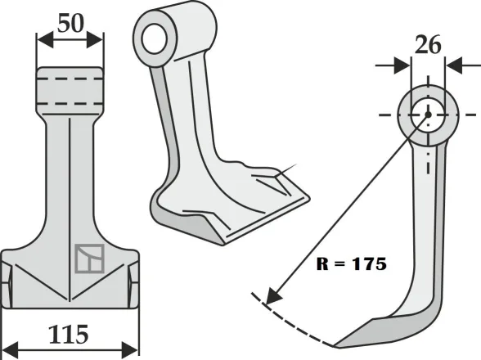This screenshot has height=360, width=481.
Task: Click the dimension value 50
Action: pos(70,23)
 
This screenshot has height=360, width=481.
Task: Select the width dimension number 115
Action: pos(70,335)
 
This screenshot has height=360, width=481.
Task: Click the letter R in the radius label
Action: pos(320,265)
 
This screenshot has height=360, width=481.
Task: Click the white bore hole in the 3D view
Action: pos(152,38)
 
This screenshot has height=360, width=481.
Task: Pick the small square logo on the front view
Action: pos(85,259)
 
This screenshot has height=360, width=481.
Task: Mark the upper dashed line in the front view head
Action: pos(70,79)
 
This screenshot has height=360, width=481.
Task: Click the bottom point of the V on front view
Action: pos(70,296)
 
